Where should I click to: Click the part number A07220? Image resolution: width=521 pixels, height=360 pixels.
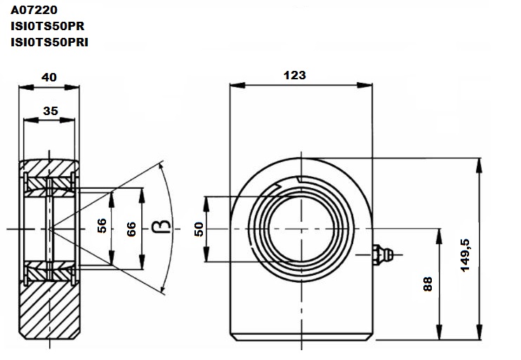point(34,10)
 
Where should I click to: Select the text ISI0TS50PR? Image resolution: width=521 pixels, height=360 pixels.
point(48,26)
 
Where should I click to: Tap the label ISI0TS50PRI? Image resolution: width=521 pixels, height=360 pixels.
point(50,42)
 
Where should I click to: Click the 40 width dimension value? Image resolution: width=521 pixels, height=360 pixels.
point(49,77)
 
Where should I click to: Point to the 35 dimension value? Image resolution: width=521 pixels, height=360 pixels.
point(51,111)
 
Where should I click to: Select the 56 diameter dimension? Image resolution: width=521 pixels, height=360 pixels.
point(102,225)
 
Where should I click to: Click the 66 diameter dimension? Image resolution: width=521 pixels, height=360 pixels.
point(131,229)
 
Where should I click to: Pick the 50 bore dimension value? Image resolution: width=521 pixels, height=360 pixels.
point(199,229)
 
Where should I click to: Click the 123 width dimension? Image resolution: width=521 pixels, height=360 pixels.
point(295,75)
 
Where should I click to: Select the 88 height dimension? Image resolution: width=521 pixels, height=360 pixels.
point(428,284)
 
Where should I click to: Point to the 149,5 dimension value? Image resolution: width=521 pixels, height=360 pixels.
point(465,255)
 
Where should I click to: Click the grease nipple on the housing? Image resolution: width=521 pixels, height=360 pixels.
point(383,255)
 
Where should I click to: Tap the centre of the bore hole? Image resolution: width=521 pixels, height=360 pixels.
point(301,229)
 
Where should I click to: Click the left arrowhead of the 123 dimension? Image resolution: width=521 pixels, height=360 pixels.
point(237,85)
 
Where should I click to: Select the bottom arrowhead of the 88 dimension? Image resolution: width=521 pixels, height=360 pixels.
point(439,333)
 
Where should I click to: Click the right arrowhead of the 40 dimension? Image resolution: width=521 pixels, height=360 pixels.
point(72,87)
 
